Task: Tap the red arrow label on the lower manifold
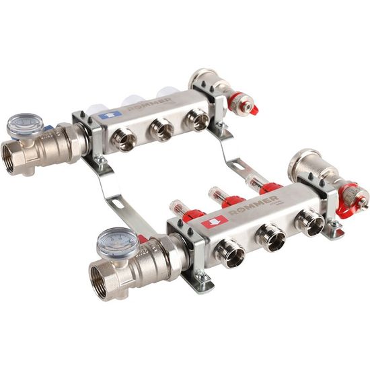click(215, 221)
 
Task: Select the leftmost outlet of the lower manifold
click(230, 252)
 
